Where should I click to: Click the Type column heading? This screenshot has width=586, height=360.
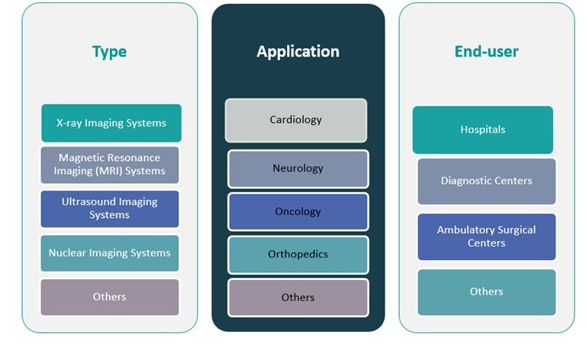pos(109,52)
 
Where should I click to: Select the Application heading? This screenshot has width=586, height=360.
pos(298,52)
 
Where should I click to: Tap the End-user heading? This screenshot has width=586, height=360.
pos(486,52)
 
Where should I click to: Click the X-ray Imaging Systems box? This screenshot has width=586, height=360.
pos(111,123)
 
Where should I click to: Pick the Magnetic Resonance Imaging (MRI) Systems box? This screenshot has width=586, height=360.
pos(110,165)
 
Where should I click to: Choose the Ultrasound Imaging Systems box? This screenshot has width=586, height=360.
pos(110,208)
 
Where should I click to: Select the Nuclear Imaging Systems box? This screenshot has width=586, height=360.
pos(110,253)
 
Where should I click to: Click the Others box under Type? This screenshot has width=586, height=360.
pos(110,297)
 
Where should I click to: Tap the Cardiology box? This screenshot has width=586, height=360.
pos(296,120)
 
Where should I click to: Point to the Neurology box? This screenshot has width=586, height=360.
pos(298,169)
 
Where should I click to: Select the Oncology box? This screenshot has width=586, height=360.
pos(298,211)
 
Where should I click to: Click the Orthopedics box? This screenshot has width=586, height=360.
pos(298,254)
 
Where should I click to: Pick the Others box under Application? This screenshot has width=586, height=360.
pos(298,297)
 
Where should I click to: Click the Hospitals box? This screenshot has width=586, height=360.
pos(483,130)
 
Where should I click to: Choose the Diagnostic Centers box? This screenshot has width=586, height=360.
pos(487,182)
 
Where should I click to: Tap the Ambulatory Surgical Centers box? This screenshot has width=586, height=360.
pos(487,236)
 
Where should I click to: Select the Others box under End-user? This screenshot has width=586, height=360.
pos(487,291)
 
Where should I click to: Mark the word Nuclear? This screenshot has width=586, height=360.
pos(67,253)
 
